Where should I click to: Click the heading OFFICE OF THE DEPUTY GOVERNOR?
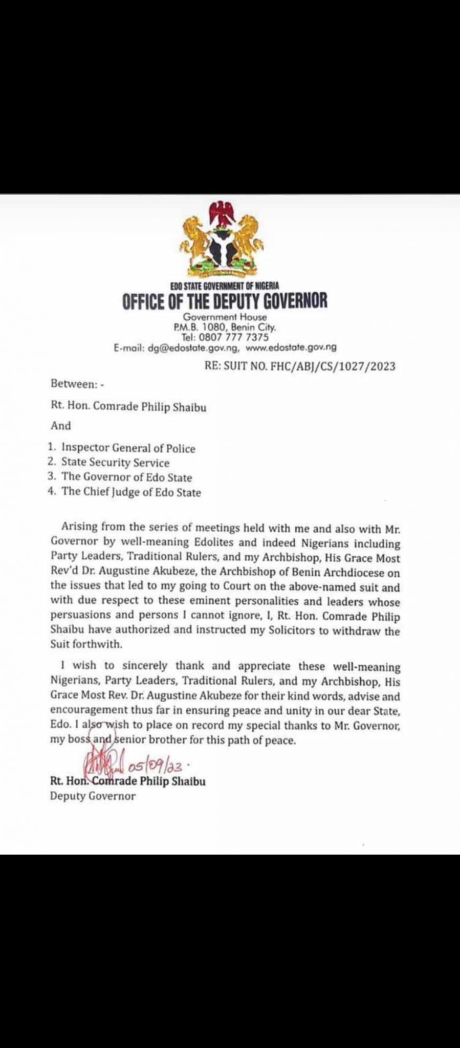(225, 301)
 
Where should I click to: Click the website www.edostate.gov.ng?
(291, 347)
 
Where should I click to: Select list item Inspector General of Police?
(128, 448)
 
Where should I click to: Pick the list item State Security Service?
(115, 463)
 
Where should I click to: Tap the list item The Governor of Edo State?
(126, 477)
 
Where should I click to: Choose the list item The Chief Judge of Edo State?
(131, 492)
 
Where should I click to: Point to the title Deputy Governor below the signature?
(93, 796)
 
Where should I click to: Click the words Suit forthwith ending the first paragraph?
(86, 644)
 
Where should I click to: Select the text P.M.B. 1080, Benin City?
(225, 327)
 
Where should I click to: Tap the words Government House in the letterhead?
(225, 317)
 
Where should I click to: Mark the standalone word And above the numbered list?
(61, 425)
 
